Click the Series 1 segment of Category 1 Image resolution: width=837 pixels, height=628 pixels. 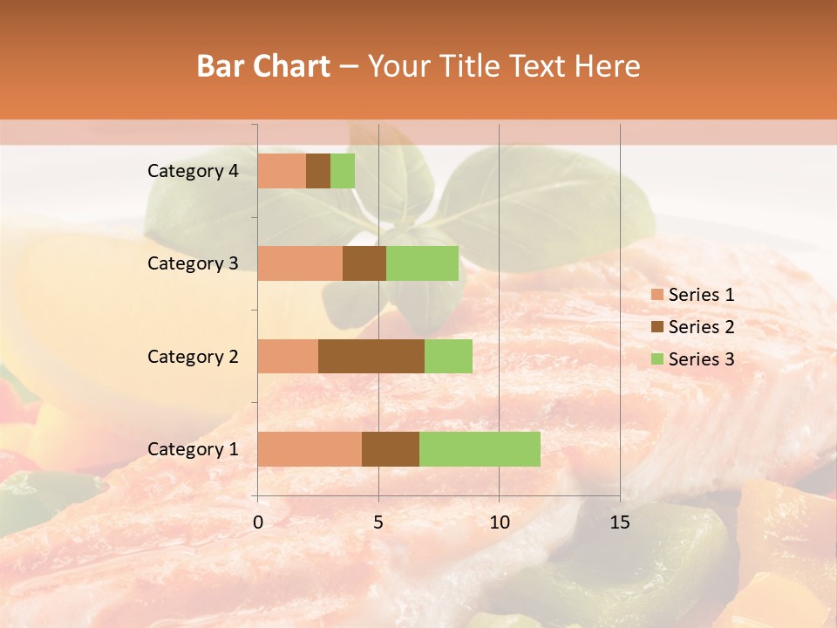[x=310, y=449]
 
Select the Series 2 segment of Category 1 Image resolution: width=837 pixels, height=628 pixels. [x=391, y=449]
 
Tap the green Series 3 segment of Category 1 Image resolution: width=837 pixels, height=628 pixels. [x=480, y=449]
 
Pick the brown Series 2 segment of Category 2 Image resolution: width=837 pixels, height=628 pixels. [x=371, y=356]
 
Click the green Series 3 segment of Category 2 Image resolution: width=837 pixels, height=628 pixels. [x=448, y=356]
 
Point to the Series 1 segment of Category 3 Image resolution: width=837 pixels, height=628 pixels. [x=300, y=263]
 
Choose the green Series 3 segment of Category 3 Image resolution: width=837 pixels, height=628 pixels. [x=422, y=263]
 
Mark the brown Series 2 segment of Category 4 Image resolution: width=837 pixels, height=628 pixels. [x=318, y=171]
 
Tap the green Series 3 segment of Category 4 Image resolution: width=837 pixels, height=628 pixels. [x=343, y=171]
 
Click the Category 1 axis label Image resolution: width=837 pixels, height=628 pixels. [x=193, y=449]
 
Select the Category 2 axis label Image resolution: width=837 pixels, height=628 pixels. [x=193, y=356]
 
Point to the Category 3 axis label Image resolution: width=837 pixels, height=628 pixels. [x=193, y=263]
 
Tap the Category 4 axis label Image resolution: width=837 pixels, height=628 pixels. [x=193, y=171]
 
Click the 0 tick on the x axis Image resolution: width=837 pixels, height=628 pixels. [x=258, y=522]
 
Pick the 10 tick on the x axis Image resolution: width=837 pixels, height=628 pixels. [x=499, y=522]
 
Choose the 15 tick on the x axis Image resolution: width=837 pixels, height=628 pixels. [x=620, y=522]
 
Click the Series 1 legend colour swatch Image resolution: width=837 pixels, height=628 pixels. [x=657, y=295]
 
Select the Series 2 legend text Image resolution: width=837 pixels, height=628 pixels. [x=701, y=327]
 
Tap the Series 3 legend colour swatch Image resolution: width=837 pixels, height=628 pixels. [x=657, y=359]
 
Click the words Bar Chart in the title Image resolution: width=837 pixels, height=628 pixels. [x=263, y=65]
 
